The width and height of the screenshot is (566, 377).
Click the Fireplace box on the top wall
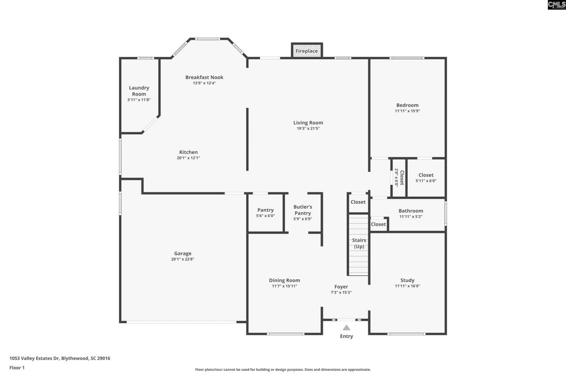coord(306,51)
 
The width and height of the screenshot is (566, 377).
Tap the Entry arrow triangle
coord(346,327)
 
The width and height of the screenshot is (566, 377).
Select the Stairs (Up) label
coord(359,244)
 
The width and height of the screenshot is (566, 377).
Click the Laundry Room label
coord(139,91)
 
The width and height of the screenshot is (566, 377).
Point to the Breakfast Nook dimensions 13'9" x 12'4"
coord(204,83)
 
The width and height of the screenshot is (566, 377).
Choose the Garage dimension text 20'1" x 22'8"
coord(183,259)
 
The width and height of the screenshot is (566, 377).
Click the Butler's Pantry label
coord(303,210)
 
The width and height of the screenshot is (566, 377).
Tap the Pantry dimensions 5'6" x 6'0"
coord(265,216)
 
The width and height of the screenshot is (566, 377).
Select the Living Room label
coord(308,122)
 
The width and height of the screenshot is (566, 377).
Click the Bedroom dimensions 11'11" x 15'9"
coord(407,111)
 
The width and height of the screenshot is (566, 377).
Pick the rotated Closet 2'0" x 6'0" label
coord(399,177)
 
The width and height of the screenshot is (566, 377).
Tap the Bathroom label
coord(411,211)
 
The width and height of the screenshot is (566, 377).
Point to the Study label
coord(407,280)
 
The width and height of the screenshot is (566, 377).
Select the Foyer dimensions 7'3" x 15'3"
coord(341,292)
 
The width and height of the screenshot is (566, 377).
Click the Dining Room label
coord(284,280)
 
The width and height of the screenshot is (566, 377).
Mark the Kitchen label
coord(188,152)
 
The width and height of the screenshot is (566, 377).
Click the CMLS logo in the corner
coord(556,5)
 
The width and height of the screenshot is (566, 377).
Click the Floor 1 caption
coord(17,368)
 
